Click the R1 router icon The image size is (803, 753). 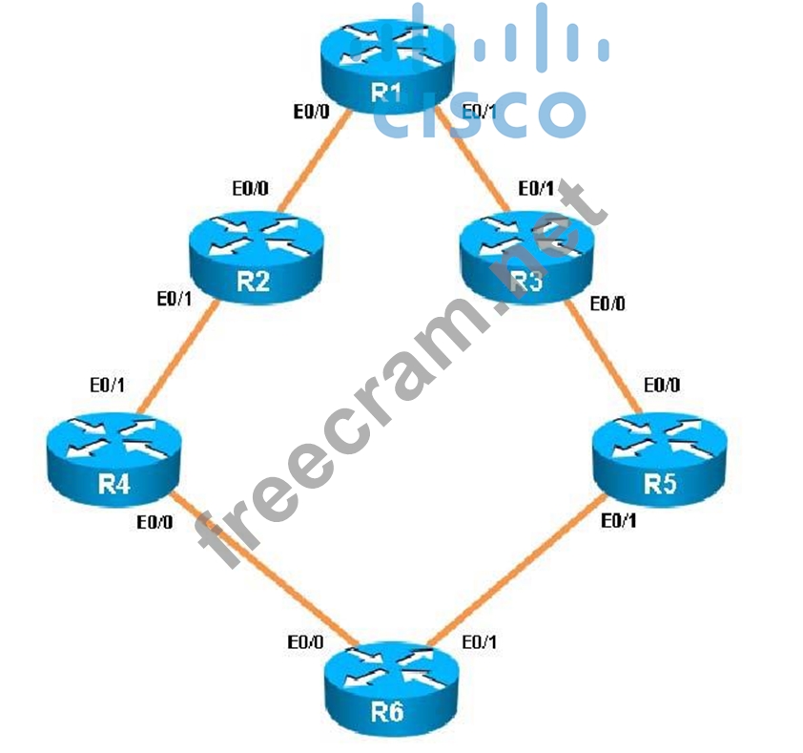[385, 62]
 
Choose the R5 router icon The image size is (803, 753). [659, 454]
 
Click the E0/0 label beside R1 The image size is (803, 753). [312, 112]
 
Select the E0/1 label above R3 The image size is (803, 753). [535, 188]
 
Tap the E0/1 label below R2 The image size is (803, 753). [175, 299]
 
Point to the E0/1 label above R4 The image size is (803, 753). [107, 387]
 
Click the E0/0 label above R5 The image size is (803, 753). [663, 386]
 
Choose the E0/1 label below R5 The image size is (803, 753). [620, 521]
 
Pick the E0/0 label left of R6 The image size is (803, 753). [304, 642]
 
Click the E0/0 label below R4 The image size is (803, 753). [155, 522]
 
